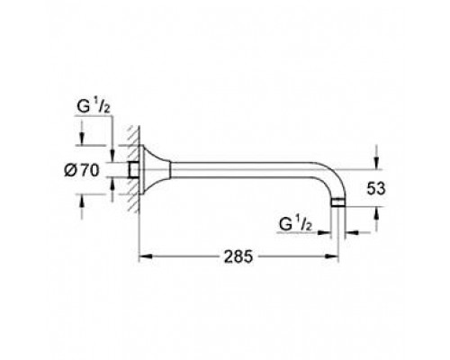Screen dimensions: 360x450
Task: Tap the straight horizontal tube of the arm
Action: (243, 167)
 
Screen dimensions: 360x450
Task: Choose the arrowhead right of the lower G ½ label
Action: (329, 232)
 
